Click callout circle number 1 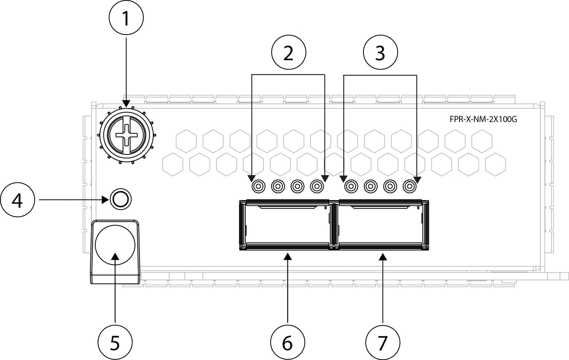coord(126,19)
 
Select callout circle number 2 coord(288,53)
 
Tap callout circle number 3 coord(380,53)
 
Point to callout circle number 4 coord(17,200)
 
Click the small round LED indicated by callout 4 coord(120,200)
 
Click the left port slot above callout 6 coord(285,225)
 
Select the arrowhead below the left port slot coord(288,257)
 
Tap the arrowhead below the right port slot coord(382,257)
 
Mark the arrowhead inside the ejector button coord(115,257)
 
